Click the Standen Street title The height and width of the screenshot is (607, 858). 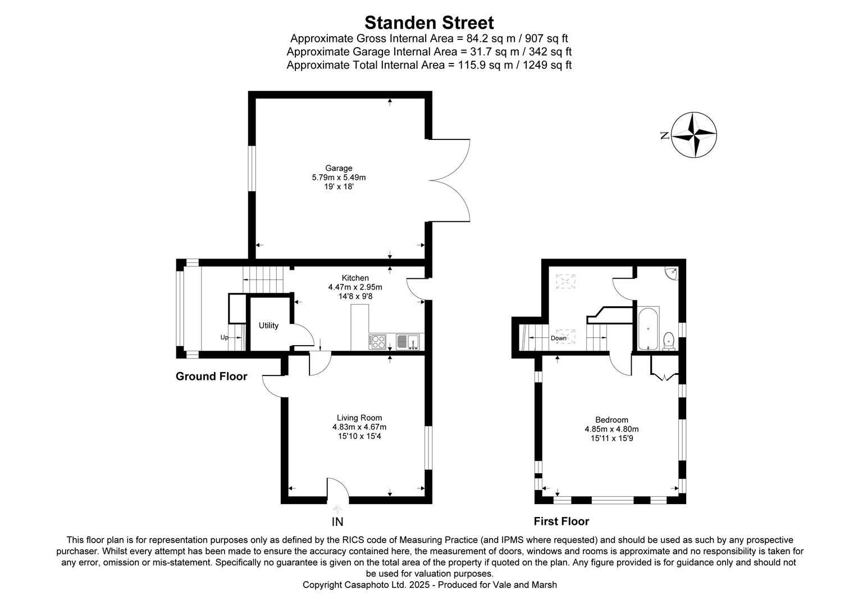coord(429,23)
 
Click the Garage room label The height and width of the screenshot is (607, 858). coord(339,168)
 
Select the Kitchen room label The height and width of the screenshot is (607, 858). coord(355,278)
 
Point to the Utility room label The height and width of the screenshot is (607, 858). coord(268,325)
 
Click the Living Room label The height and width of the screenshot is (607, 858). coord(359,418)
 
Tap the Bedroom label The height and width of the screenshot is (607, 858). coord(611,420)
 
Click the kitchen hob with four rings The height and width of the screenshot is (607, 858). coord(377,342)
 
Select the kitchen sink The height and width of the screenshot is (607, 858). coord(408,341)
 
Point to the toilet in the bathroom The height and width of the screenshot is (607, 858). coord(668,341)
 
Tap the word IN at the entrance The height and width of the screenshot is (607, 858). coord(337,522)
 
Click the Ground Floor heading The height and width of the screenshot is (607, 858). coord(211,377)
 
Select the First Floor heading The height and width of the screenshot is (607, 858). coord(561,521)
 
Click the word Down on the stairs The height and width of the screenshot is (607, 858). coord(558,338)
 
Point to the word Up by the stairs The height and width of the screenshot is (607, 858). coord(224,337)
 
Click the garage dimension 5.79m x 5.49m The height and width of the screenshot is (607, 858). coord(339,177)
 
